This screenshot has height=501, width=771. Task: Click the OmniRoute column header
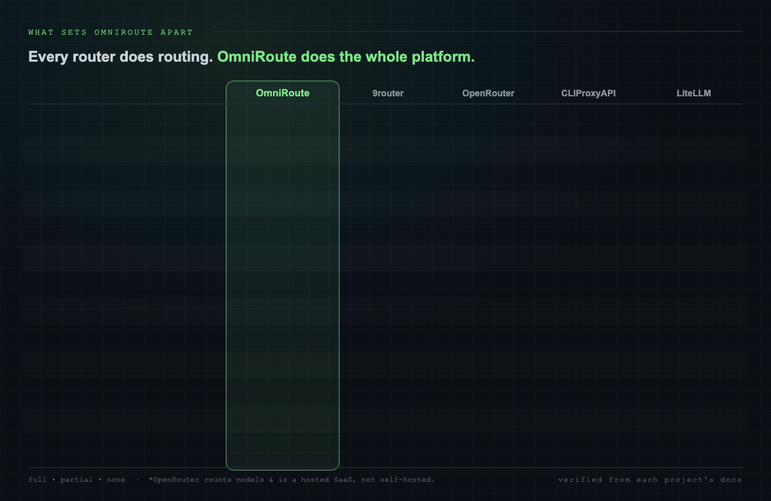(283, 93)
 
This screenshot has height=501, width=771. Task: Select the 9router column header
(388, 93)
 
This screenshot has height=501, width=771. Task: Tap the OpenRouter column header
(488, 93)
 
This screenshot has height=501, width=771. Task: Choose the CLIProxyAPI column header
(589, 93)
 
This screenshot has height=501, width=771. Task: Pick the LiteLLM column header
(693, 93)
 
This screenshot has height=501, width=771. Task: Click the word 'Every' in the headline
(48, 57)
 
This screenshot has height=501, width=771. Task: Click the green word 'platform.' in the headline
(443, 57)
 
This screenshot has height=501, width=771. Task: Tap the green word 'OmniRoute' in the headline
(257, 57)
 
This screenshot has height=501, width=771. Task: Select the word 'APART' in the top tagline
(177, 32)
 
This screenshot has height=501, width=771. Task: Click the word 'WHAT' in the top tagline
(41, 32)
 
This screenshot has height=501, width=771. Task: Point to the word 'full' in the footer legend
(37, 479)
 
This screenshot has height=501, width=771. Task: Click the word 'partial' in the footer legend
(76, 480)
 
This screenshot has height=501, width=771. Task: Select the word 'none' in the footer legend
(116, 480)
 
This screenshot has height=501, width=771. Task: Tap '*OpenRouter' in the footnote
(174, 480)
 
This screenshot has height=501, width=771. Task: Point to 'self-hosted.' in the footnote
(407, 479)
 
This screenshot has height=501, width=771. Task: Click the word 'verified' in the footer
(580, 479)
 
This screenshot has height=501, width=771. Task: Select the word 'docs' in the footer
(731, 479)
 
